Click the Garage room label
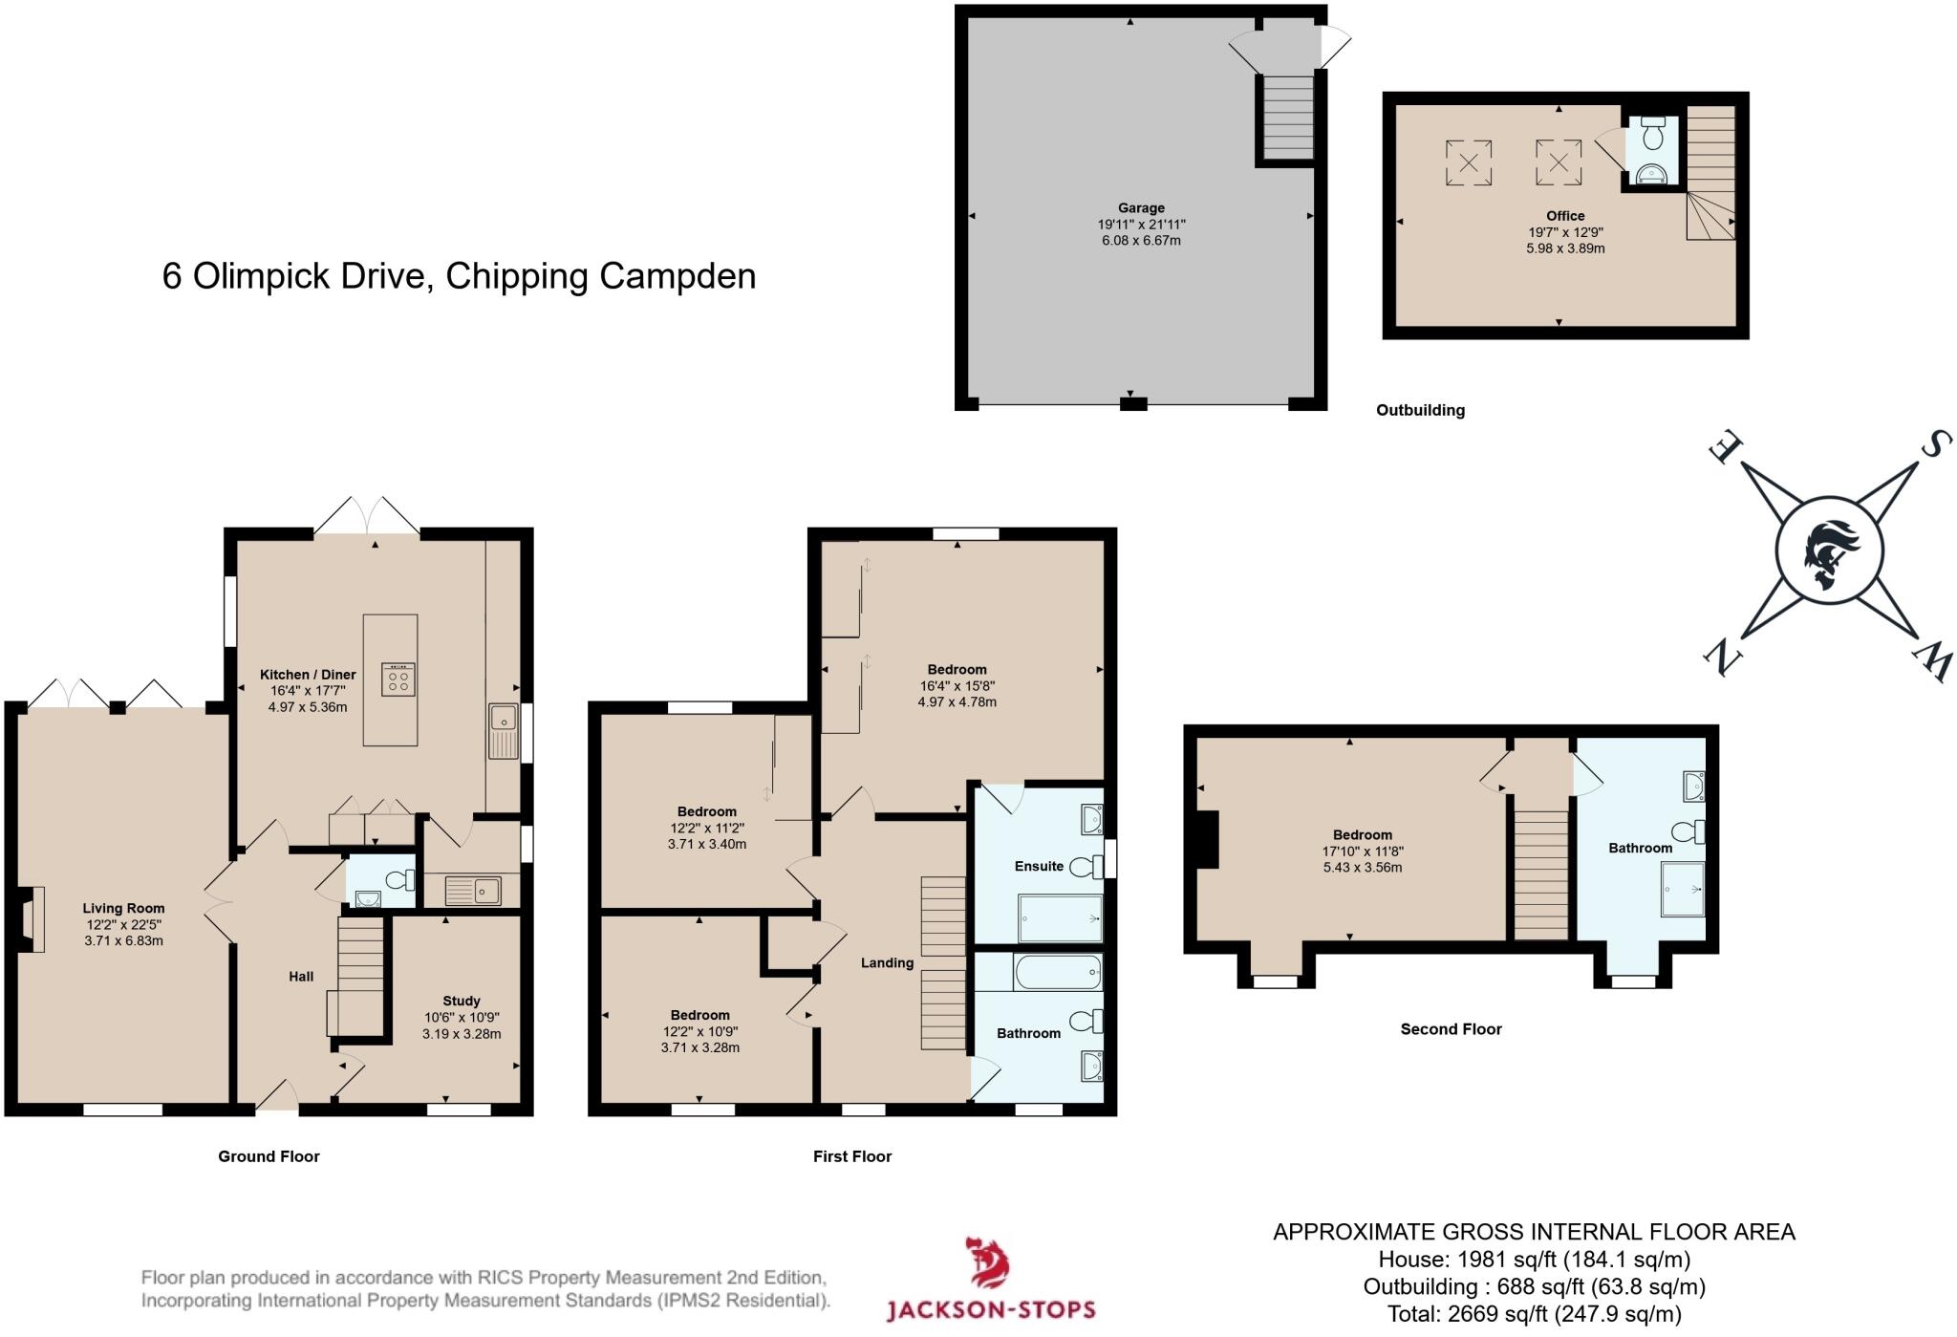tap(1141, 207)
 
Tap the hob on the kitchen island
tap(398, 679)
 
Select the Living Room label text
tap(123, 908)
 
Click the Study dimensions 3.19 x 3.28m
tap(462, 1033)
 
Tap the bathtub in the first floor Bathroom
tap(1057, 972)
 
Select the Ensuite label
tap(1039, 866)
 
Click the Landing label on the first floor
tap(887, 962)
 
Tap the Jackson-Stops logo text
tap(991, 1309)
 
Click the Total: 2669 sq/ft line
tap(1534, 1314)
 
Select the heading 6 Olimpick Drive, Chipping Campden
tap(459, 276)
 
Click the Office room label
tap(1565, 216)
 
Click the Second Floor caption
tap(1451, 1029)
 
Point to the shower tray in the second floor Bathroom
tap(1682, 889)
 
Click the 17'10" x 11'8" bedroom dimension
tap(1363, 851)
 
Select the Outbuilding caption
tap(1420, 410)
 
